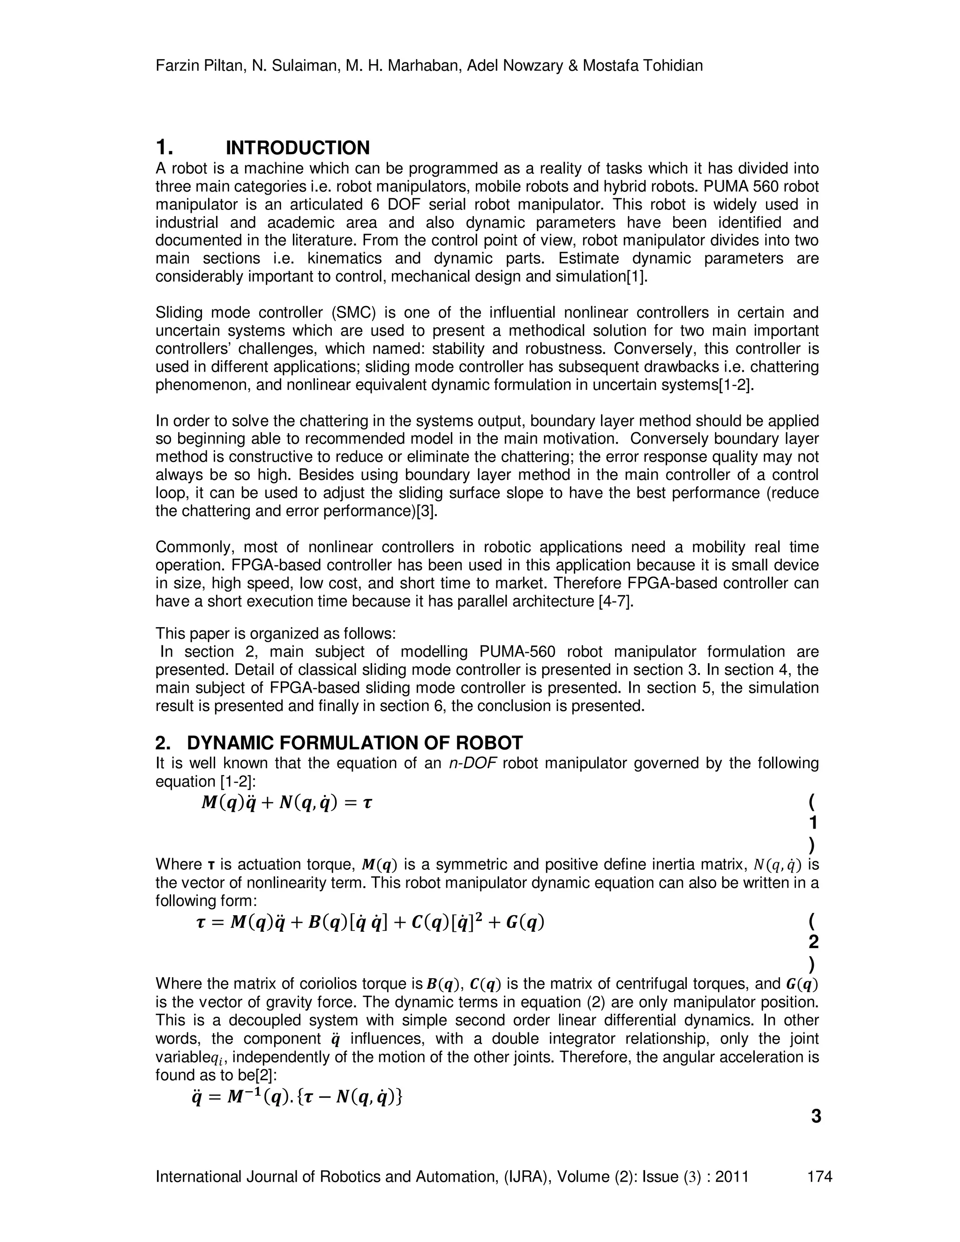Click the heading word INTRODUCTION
[298, 148]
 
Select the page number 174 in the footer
[819, 1176]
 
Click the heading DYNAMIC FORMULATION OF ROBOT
[354, 743]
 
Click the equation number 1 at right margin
[813, 823]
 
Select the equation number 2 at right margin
[813, 942]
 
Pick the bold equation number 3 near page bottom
[816, 1116]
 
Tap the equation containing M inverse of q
[298, 1095]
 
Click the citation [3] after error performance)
[427, 511]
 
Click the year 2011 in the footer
[731, 1176]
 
